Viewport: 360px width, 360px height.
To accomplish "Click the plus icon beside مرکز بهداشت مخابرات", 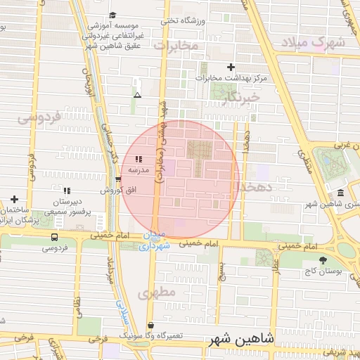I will [231, 66].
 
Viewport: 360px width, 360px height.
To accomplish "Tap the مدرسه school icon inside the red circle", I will [139, 160].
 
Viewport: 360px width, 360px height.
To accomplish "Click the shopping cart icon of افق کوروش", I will [117, 179].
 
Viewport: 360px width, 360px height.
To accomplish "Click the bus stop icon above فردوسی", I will [55, 238].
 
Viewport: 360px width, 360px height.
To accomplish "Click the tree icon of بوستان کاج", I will [323, 260].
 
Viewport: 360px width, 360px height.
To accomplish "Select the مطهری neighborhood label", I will [156, 293].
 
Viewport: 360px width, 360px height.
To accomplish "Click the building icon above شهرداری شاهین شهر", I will [340, 193].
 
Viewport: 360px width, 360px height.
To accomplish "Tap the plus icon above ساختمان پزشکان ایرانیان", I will [13, 200].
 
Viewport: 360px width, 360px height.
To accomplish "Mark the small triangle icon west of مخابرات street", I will [137, 94].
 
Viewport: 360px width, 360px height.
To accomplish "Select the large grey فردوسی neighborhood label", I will [39, 117].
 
